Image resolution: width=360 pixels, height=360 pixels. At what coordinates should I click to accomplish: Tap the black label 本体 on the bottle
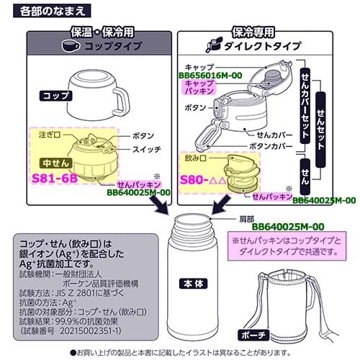[192, 288]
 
